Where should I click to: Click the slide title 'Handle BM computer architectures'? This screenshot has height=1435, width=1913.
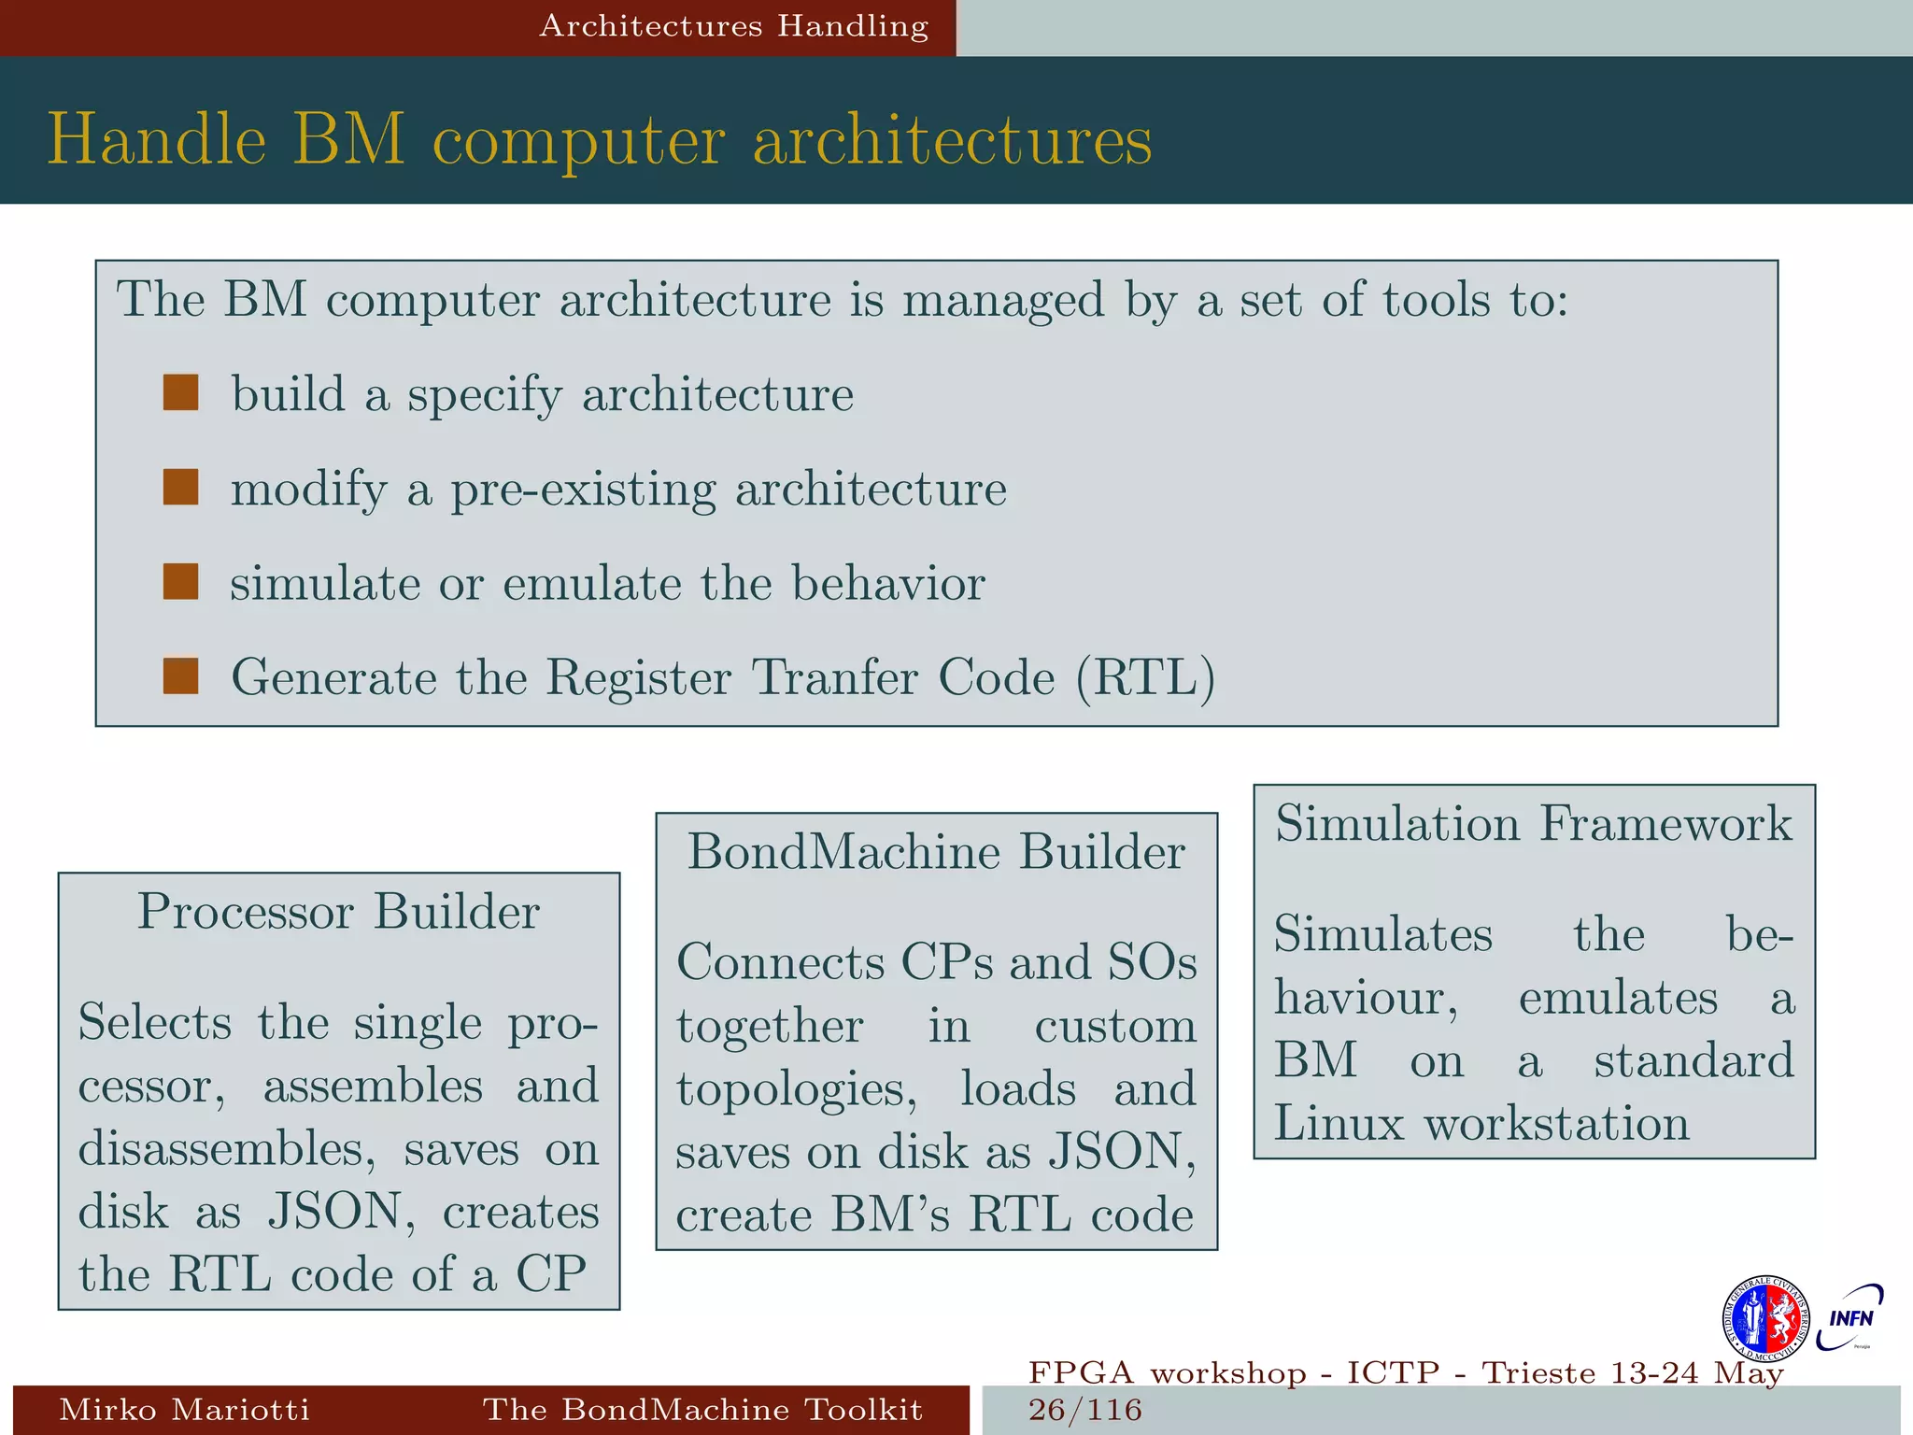pos(600,140)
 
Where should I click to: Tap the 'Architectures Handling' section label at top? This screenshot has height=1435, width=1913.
pos(733,26)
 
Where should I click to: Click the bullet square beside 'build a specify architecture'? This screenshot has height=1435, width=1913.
pos(180,393)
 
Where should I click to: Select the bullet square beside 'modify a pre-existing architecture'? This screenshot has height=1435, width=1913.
pos(180,488)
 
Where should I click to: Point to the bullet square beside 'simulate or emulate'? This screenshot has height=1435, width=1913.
pos(180,582)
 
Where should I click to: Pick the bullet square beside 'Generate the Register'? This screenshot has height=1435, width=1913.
pos(180,676)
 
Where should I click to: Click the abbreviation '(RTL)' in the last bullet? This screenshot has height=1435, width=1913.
pos(1145,677)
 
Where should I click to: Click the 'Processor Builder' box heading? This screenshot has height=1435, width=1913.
pos(338,911)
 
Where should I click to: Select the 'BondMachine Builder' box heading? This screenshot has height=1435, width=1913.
pos(936,851)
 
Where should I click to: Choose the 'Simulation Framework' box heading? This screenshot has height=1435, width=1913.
pos(1534,823)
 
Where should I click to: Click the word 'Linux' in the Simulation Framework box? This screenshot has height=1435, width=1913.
pos(1339,1123)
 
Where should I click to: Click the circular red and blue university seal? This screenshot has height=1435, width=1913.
pos(1765,1318)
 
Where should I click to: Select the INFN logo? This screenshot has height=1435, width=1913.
pos(1850,1317)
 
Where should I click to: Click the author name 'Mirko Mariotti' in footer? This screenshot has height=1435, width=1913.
pos(184,1409)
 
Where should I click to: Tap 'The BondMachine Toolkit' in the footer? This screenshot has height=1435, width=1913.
pos(702,1409)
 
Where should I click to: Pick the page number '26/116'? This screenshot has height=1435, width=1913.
pos(1085,1410)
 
